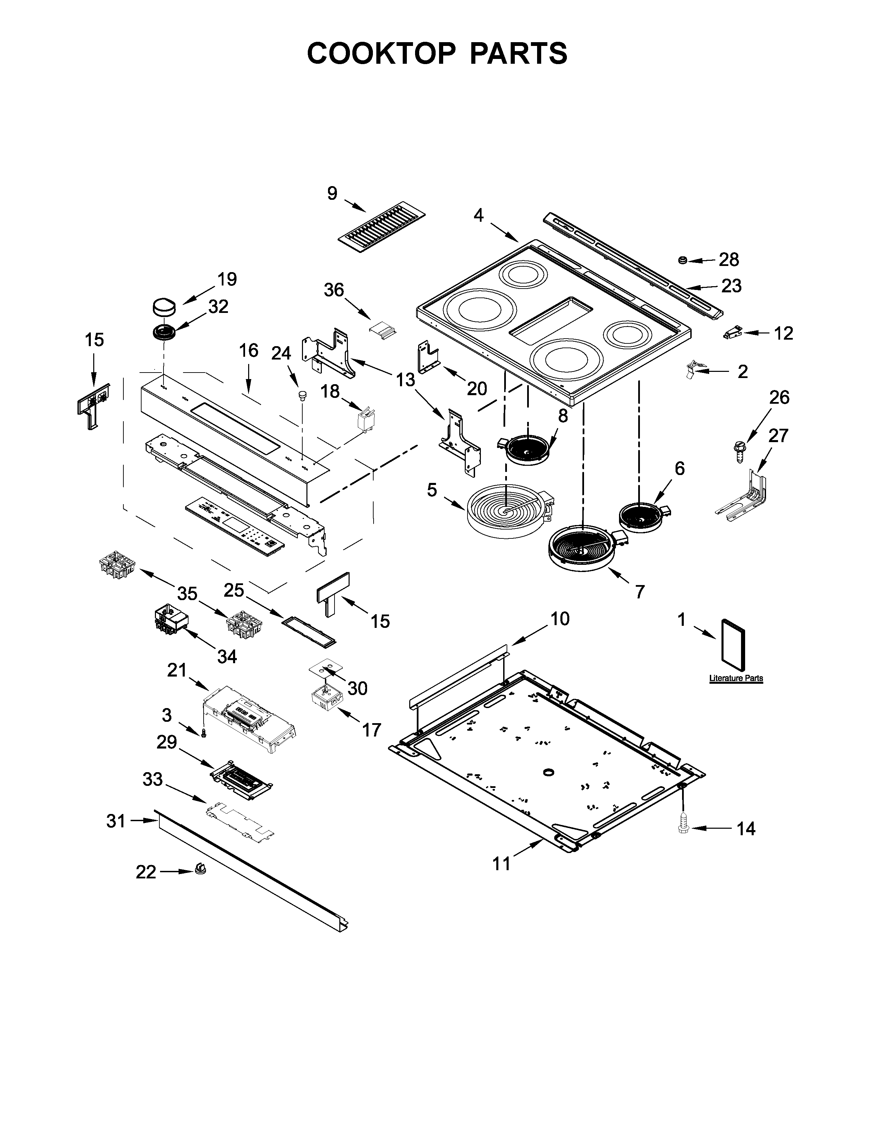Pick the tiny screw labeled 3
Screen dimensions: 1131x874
203,733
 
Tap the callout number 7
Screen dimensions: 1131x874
640,591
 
